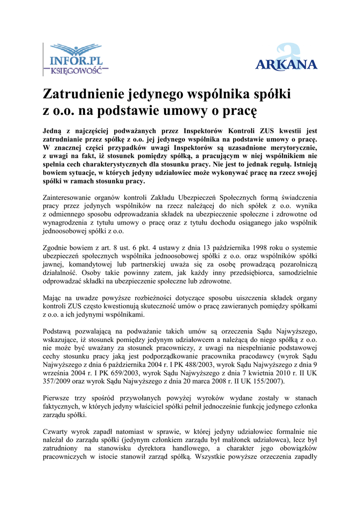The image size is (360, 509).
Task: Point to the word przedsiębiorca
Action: pos(240,272)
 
